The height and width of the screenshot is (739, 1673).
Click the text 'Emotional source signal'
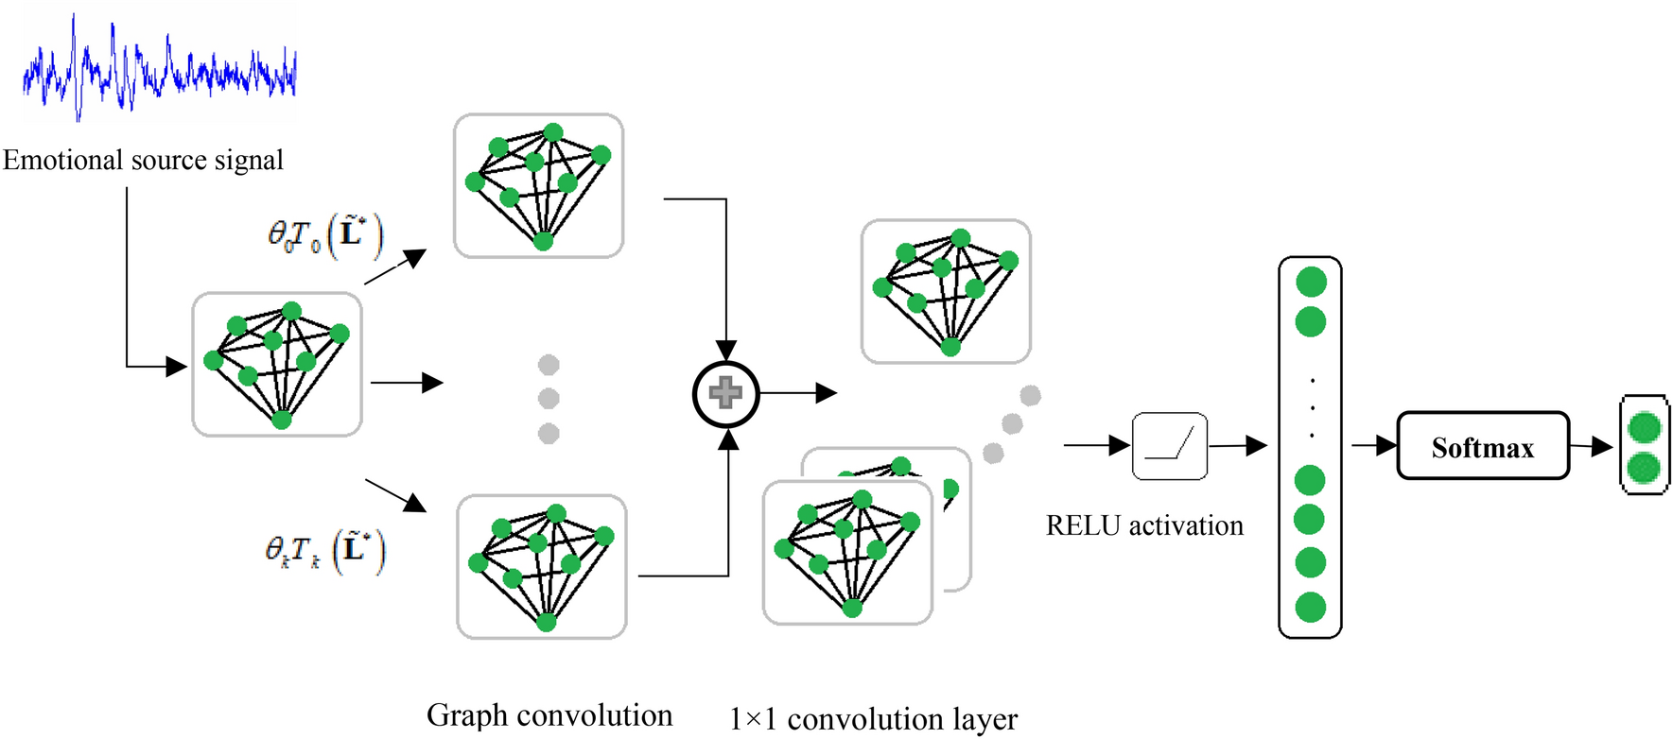click(x=143, y=161)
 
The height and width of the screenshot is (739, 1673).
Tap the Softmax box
click(x=1482, y=446)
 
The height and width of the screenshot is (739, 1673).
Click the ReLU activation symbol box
click(x=1170, y=446)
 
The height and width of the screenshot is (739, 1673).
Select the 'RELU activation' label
click(x=1143, y=525)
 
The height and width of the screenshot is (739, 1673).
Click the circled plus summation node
click(x=725, y=393)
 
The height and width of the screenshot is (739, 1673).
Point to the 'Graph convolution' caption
click(x=549, y=715)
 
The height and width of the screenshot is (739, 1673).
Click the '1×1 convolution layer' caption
click(x=873, y=719)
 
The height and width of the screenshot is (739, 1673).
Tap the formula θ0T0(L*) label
click(x=324, y=236)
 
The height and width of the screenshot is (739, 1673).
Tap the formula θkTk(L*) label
click(x=324, y=551)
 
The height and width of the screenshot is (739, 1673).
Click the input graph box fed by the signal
click(x=276, y=364)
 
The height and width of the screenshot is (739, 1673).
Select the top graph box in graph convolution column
click(x=538, y=186)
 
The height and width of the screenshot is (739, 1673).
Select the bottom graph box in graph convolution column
click(x=541, y=566)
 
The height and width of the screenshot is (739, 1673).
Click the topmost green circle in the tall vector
click(x=1311, y=282)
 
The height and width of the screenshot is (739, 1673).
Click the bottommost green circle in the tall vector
click(x=1310, y=607)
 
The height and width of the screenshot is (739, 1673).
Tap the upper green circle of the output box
click(x=1645, y=427)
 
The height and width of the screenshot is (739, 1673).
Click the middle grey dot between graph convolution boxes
click(x=549, y=399)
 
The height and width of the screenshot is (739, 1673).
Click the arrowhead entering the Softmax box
click(x=1387, y=445)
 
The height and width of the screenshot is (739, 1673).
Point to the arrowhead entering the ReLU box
click(x=1121, y=445)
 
